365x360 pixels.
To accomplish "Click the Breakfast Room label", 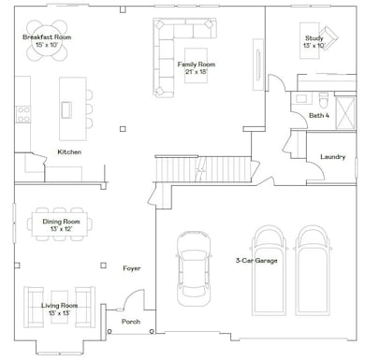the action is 47,37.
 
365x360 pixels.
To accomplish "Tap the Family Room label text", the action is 197,65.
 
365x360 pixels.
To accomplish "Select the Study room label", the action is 314,38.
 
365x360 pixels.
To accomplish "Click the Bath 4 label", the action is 319,116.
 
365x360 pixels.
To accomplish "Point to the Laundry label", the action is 333,157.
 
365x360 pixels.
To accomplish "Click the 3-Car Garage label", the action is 256,261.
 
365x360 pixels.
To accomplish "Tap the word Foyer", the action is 132,268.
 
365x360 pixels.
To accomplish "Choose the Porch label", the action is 131,322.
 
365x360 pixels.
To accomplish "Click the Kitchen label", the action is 69,152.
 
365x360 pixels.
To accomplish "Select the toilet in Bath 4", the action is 324,100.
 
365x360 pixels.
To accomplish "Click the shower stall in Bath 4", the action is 345,112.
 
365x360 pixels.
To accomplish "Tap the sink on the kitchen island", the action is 66,110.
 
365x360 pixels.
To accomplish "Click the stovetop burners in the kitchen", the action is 23,114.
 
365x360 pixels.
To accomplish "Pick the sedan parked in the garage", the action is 194,267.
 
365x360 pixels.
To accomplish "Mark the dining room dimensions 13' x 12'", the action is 61,229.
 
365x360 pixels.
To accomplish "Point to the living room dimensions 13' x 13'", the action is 59,313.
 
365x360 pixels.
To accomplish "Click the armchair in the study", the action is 328,37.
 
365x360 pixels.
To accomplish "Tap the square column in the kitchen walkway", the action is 123,129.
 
